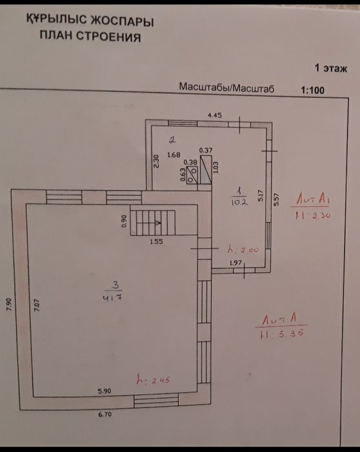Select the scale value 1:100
(312, 90)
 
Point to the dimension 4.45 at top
(214, 115)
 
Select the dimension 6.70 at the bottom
(105, 415)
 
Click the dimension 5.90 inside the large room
(105, 391)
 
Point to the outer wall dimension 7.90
(9, 304)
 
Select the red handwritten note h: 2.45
(152, 381)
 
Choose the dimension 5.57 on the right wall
(275, 199)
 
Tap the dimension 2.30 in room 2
(155, 161)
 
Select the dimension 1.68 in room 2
(174, 155)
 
